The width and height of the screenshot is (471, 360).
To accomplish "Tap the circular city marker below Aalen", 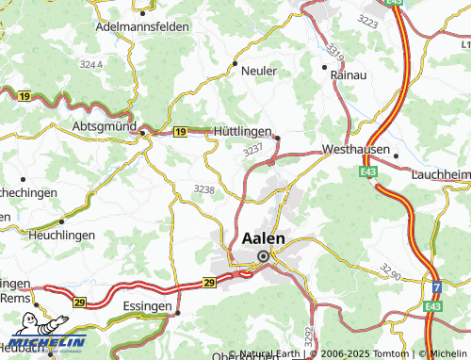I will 264,255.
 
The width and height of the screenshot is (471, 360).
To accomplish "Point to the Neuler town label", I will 259,71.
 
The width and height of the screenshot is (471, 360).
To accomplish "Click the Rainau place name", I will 348,73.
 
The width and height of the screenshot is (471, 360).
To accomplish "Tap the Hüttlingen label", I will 242,133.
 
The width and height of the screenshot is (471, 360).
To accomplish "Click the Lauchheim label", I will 440,174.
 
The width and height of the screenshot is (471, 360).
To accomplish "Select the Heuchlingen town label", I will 62,233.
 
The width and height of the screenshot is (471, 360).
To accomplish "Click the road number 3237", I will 252,149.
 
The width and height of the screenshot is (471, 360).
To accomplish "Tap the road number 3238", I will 203,189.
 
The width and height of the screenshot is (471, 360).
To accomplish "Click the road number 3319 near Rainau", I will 336,43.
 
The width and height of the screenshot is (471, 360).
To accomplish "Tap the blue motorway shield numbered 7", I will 436,286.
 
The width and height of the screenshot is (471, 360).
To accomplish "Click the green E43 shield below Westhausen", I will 367,171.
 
